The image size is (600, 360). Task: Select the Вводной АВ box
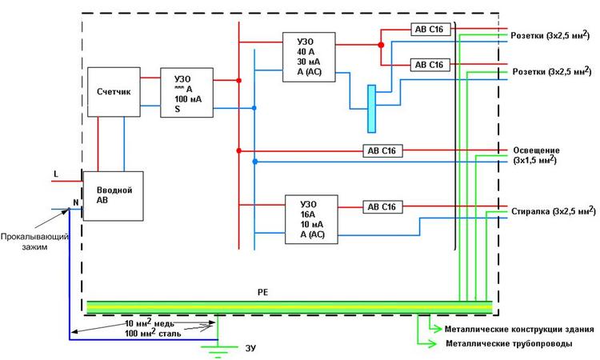114,195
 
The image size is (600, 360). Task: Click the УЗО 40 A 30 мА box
307,57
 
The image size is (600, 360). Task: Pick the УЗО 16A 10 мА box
311,218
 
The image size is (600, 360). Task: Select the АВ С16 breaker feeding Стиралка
382,206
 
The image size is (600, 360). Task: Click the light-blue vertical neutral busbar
371,107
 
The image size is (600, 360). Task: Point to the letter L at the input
55,174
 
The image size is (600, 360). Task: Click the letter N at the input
77,202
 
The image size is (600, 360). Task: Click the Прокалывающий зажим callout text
34,242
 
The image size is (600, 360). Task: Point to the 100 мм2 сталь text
151,334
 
